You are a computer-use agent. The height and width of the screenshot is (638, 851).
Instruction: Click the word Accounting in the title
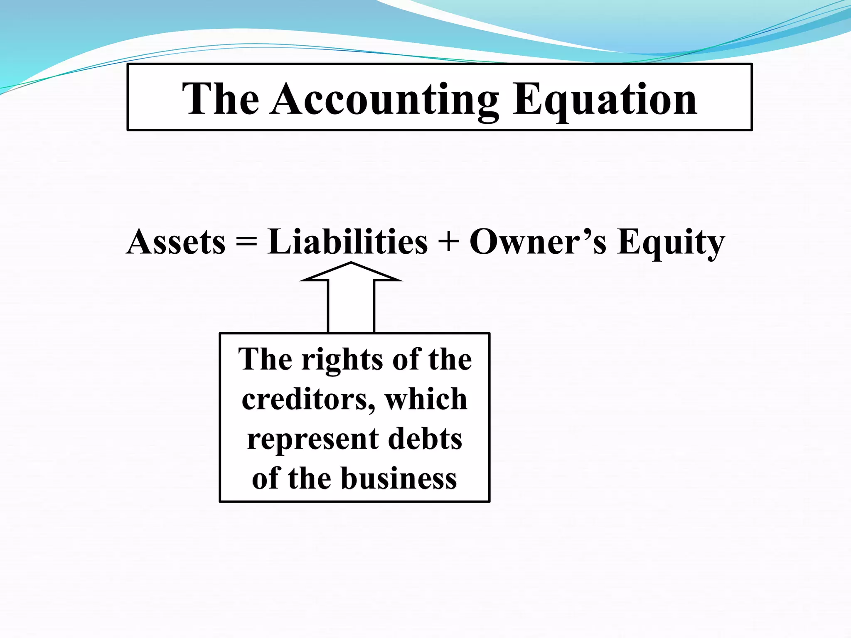pos(384,100)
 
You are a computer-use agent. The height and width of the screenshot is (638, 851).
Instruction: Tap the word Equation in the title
pos(605,100)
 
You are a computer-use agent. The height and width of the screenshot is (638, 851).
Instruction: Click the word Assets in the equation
pos(176,242)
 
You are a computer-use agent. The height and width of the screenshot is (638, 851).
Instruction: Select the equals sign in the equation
pos(246,242)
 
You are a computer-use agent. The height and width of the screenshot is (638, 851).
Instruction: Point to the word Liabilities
pos(347,242)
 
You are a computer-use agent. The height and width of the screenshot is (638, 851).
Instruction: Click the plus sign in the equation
pos(448,242)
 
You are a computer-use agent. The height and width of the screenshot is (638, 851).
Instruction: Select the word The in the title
pos(221,100)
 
